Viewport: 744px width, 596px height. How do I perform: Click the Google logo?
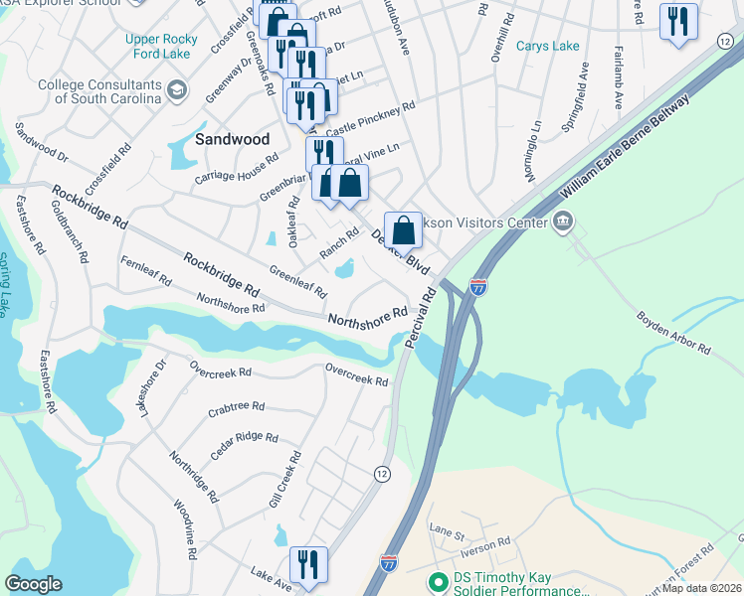[x=34, y=584]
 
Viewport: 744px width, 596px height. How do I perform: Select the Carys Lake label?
[x=547, y=47]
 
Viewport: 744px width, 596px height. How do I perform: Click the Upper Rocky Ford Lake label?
[x=162, y=47]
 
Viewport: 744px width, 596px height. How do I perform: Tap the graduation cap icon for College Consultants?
[x=178, y=92]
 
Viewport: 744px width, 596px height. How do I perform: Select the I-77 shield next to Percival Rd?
[x=478, y=288]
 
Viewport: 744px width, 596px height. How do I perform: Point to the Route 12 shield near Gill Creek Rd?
[x=381, y=473]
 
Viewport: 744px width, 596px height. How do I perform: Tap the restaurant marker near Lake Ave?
[x=308, y=565]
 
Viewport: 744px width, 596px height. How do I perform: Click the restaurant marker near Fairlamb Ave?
[x=678, y=22]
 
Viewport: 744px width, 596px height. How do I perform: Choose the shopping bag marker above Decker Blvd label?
[x=403, y=231]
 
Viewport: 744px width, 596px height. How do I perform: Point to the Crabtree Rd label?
[x=237, y=407]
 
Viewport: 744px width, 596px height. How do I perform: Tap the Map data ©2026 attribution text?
[x=702, y=588]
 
